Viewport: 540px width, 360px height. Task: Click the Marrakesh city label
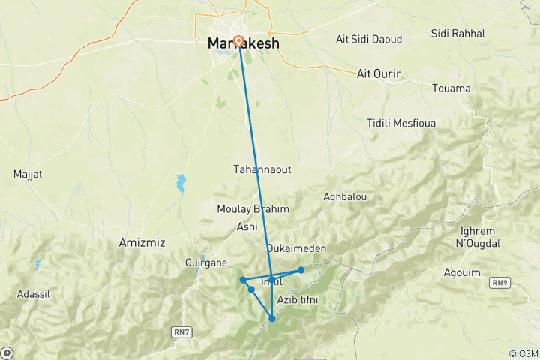(244, 44)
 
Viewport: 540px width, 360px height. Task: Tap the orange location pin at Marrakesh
(238, 41)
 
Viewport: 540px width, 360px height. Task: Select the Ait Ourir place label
(379, 73)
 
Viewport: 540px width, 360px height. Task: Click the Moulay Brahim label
(247, 209)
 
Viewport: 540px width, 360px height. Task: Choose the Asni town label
(247, 226)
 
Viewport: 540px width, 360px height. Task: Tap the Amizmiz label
(142, 243)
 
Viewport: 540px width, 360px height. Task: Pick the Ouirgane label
(205, 262)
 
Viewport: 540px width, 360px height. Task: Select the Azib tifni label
(298, 300)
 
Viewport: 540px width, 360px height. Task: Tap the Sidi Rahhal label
(458, 34)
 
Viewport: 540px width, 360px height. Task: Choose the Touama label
(451, 88)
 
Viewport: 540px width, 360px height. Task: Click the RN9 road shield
(499, 282)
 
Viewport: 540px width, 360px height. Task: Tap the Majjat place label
(28, 175)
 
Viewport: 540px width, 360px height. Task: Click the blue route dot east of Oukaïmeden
(301, 270)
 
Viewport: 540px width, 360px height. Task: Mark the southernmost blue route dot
(272, 319)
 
